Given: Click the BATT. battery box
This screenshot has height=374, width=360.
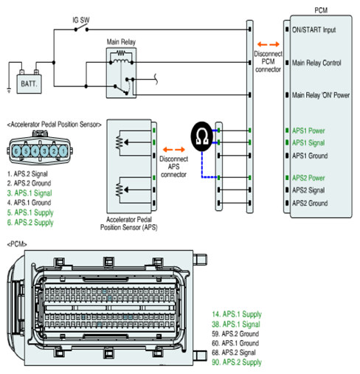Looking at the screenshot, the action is (x=29, y=84).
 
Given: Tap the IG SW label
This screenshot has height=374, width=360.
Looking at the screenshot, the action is (x=81, y=20).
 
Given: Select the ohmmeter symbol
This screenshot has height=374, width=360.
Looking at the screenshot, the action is (x=201, y=136).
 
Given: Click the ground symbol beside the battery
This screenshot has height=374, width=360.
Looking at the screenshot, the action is (x=9, y=91).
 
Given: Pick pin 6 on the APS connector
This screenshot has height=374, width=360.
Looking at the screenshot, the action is (x=16, y=151).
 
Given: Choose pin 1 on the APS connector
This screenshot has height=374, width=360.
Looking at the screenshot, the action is (x=63, y=151).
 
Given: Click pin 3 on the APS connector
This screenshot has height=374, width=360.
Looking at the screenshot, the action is (x=44, y=151).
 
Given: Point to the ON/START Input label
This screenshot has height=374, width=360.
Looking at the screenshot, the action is (x=314, y=30).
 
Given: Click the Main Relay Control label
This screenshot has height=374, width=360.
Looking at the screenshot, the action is (x=316, y=63).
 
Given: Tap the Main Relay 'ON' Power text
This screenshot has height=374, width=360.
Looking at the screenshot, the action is (x=321, y=95).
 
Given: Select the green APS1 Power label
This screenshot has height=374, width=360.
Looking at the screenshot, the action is (x=308, y=131).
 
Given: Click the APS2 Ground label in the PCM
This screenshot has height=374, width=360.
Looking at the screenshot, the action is (x=310, y=203).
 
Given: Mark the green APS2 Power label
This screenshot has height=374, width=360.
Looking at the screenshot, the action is (x=308, y=178).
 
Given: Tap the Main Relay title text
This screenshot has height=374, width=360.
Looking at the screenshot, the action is (x=121, y=42).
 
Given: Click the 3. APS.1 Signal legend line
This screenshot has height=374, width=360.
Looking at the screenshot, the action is (x=30, y=193).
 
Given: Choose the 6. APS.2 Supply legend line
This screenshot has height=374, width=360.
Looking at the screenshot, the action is (x=30, y=222).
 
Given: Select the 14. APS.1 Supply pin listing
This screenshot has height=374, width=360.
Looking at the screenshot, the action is (x=237, y=314).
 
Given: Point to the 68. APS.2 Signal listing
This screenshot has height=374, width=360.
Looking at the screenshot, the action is (x=234, y=353).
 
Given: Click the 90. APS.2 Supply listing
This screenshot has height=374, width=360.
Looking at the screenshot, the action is (x=237, y=362).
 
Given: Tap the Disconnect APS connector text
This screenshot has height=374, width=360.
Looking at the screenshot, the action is (x=173, y=167).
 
